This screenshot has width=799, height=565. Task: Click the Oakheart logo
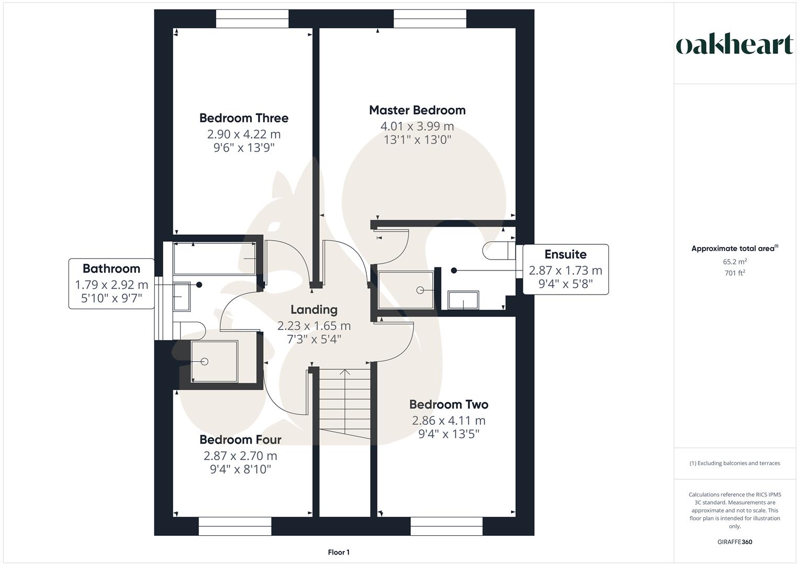tap(734, 45)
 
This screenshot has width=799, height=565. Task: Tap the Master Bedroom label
tap(417, 110)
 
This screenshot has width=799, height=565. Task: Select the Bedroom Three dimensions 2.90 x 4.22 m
tap(243, 134)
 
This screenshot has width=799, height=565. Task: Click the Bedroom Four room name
tap(240, 439)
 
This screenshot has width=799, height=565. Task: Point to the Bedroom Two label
tap(448, 404)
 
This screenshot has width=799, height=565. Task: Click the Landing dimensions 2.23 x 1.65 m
tap(313, 325)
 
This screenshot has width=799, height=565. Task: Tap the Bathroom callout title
tap(111, 268)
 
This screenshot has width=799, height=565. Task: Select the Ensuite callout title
tap(565, 254)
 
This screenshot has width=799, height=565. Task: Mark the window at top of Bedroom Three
tap(252, 18)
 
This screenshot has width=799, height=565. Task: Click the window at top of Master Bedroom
tap(430, 18)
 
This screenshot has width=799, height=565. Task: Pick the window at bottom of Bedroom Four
tap(235, 526)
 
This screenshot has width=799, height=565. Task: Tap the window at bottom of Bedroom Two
tap(446, 526)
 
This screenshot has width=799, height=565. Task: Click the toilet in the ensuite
tap(498, 251)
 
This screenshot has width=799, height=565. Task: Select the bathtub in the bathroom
tap(215, 258)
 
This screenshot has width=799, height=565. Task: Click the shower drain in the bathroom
tap(205, 361)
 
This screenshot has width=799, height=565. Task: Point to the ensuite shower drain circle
tap(420, 290)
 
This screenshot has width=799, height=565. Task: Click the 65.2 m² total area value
tap(734, 262)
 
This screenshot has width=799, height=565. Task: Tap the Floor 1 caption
tap(339, 552)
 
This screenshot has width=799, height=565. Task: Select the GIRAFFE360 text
tap(734, 542)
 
